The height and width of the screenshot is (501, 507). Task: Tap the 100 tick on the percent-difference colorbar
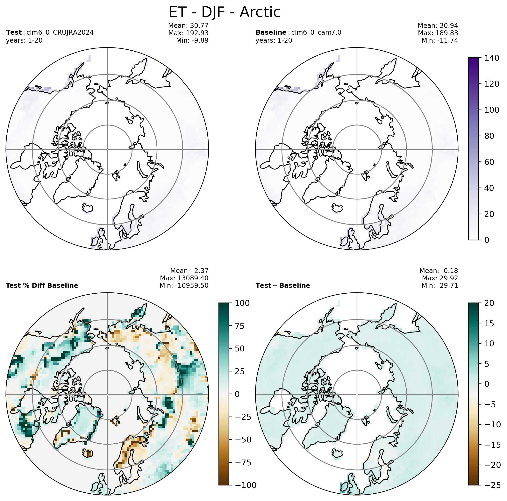242,303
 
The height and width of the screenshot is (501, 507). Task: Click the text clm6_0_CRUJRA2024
60,32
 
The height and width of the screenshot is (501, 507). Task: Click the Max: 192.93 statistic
188,33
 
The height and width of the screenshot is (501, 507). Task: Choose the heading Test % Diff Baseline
42,286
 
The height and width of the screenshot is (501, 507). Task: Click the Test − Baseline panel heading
283,286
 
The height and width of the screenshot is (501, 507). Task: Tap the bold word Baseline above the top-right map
271,32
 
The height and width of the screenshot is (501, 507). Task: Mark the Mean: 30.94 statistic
438,26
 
